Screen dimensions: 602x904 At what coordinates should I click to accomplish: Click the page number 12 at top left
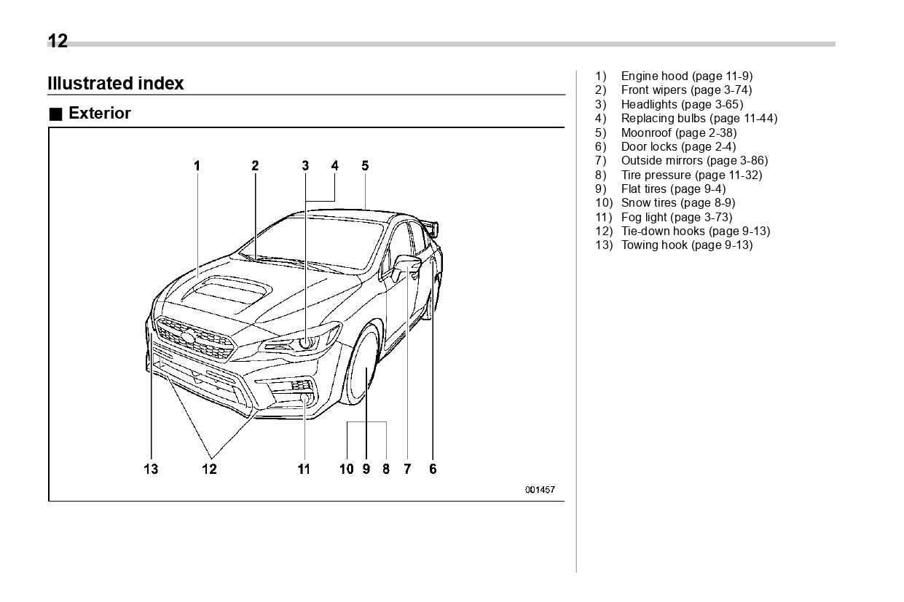pos(58,41)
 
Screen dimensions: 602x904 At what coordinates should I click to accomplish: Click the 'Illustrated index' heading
pos(115,84)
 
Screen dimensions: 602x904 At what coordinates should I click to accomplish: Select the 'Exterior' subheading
pos(99,114)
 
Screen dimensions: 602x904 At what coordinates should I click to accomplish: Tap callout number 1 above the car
pos(197,166)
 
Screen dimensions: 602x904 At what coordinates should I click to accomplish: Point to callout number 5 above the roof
pos(365,166)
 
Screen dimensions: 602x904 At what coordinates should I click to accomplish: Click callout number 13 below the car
pos(151,469)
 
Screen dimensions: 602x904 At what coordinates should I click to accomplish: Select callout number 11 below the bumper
pos(304,469)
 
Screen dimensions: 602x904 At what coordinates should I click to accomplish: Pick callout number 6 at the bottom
pos(433,469)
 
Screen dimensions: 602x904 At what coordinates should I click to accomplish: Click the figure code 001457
pos(540,490)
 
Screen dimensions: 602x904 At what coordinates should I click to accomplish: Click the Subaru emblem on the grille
pos(188,337)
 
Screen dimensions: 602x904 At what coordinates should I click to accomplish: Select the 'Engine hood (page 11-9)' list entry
pos(686,76)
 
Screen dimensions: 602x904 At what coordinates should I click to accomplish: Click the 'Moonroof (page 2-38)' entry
pos(678,132)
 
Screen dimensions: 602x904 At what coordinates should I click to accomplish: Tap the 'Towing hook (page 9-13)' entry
pos(686,245)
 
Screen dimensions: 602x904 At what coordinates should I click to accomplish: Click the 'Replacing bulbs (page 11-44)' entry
pos(699,118)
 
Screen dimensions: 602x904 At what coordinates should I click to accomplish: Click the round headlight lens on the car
pos(307,340)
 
